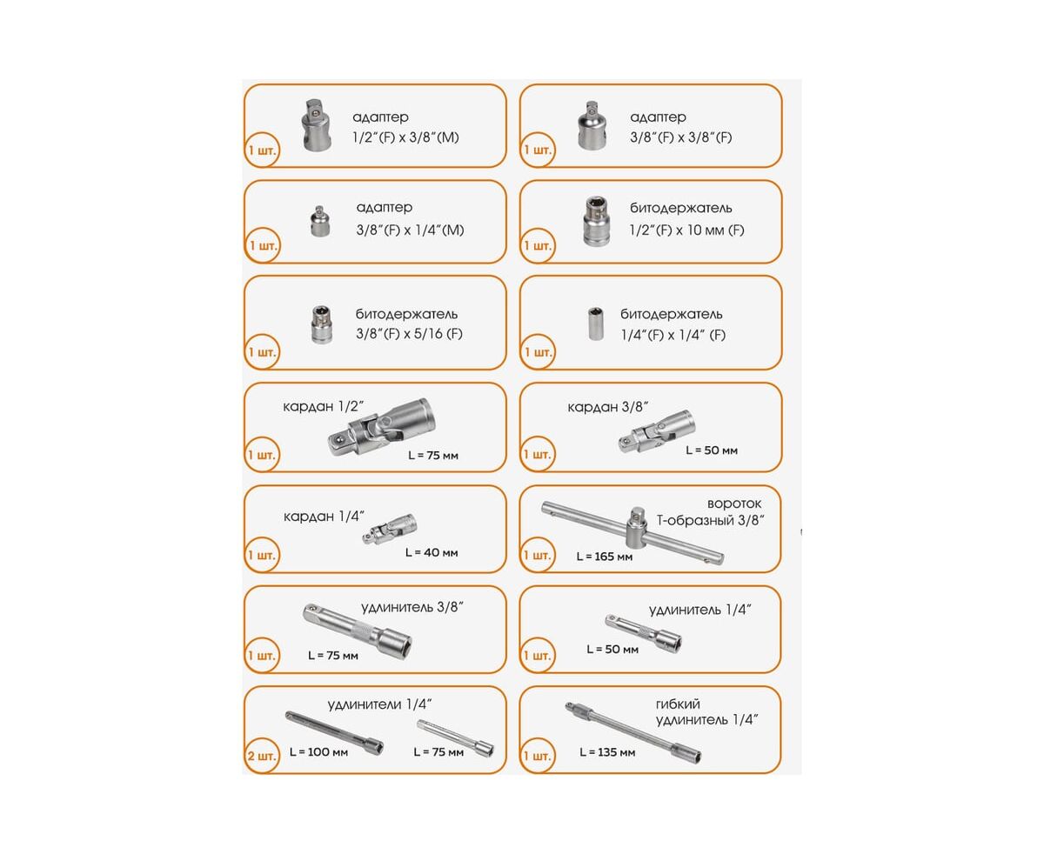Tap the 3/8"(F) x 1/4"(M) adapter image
click(320, 221)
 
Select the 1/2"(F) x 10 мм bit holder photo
click(595, 221)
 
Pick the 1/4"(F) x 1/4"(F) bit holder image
click(595, 324)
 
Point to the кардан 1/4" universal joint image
click(390, 529)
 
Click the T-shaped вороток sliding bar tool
click(633, 533)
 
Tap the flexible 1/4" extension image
click(633, 731)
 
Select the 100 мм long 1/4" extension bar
click(334, 731)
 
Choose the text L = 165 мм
click(604, 557)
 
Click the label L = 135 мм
click(607, 752)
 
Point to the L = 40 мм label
click(432, 552)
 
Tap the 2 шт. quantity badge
click(261, 756)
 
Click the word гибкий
click(677, 704)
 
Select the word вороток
click(734, 504)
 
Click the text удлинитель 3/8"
click(412, 607)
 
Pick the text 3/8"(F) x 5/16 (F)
click(409, 334)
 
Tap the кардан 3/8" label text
click(607, 407)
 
